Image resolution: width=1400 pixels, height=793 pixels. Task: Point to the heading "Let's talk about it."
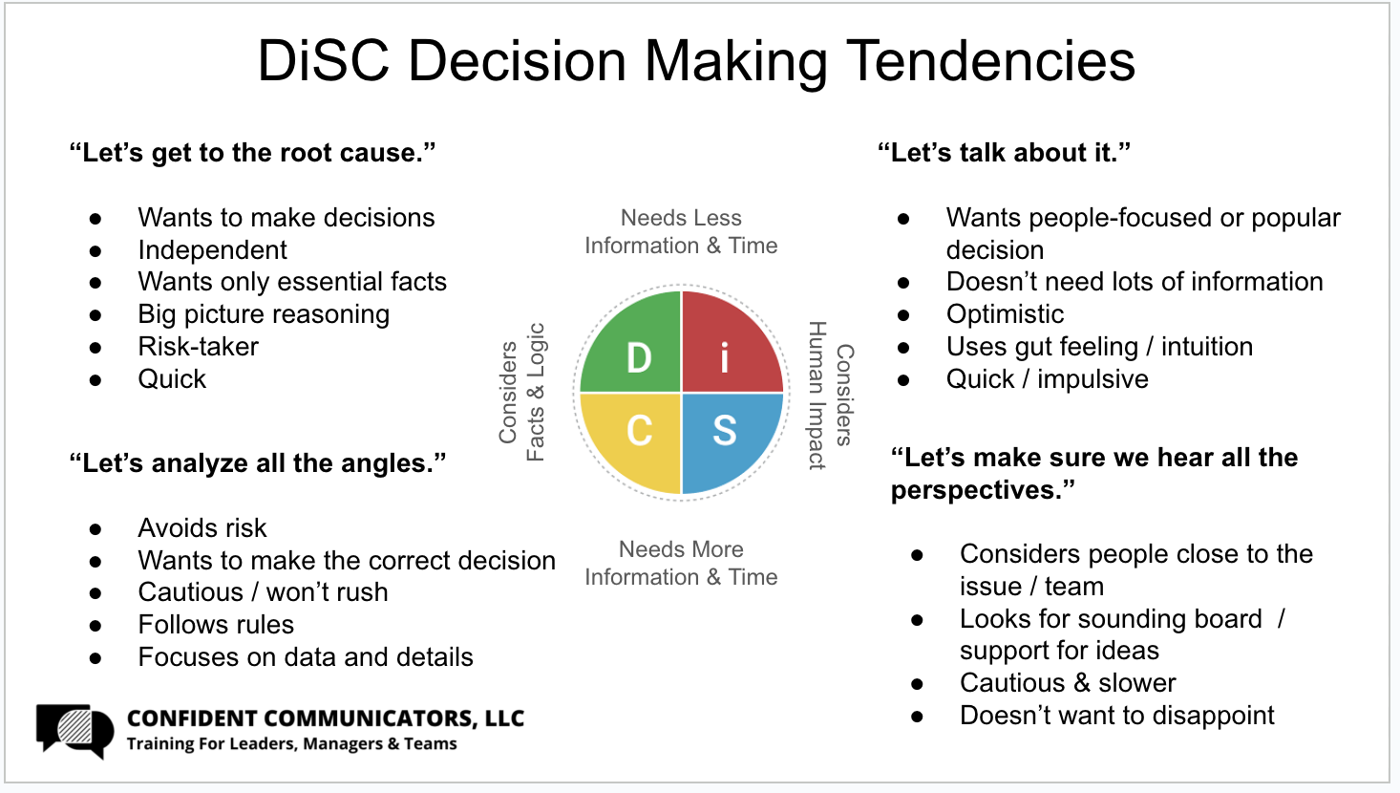tap(1004, 153)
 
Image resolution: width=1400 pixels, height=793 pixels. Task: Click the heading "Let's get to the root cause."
tap(252, 153)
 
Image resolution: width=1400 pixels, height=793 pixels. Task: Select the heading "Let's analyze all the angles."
tap(257, 463)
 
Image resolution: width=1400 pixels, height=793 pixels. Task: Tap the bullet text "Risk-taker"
tap(198, 347)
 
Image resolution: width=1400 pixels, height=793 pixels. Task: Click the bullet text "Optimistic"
tap(1005, 314)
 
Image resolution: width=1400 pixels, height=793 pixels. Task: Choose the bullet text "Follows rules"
tap(216, 625)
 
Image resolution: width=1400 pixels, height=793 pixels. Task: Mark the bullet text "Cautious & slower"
tap(1068, 683)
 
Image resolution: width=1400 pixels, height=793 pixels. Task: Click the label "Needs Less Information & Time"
tap(681, 232)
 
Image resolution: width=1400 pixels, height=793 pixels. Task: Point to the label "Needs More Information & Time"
tap(681, 564)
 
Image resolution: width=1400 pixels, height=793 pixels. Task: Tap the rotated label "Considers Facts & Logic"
tap(521, 393)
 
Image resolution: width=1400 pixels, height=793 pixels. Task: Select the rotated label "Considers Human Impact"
tap(830, 395)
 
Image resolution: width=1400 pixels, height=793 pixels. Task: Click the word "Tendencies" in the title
tap(990, 60)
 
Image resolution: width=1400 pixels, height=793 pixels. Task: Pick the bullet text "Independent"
tap(212, 250)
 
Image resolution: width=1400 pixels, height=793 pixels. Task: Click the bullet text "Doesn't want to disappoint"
tap(1116, 716)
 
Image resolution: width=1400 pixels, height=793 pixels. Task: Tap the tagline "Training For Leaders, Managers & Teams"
tap(292, 744)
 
